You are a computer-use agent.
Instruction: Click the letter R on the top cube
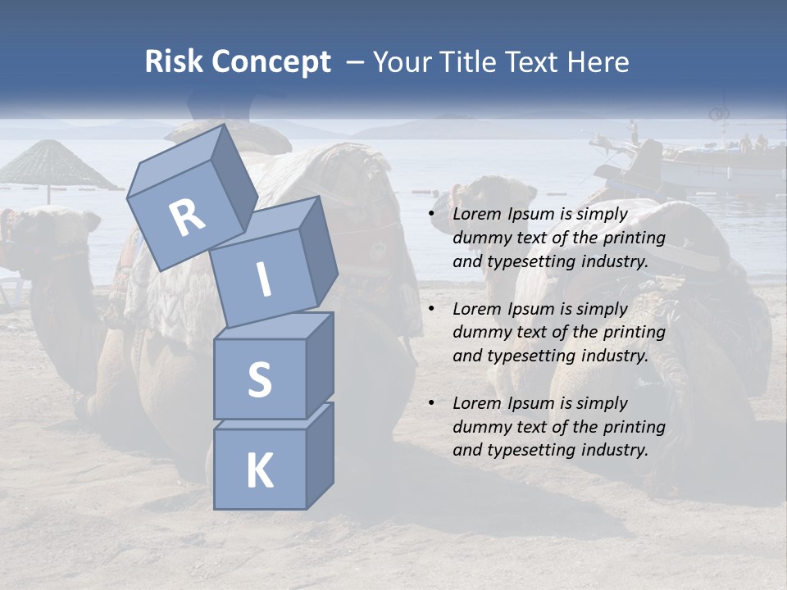coord(188,217)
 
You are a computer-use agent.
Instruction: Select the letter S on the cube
coord(259,379)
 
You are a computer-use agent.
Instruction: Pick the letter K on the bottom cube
coord(259,470)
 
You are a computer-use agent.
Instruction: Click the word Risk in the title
coord(174,61)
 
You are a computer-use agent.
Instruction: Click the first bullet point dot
coord(432,215)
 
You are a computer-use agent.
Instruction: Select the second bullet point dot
coord(432,310)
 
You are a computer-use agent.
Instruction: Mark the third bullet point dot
coord(432,404)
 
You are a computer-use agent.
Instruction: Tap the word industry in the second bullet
coord(615,356)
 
